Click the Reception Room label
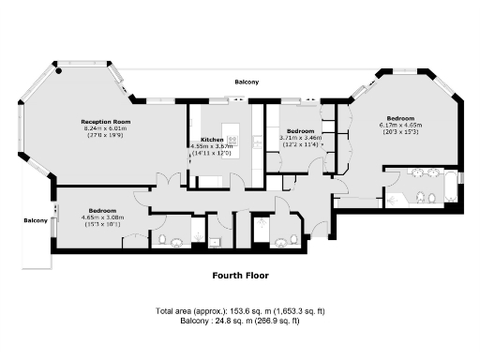coord(105,122)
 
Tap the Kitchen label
coord(212,139)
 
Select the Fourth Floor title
coord(239,276)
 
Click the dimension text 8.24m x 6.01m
coord(105,128)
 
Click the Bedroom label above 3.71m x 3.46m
coord(300,130)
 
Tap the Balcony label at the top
coord(247,82)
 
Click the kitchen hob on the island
coord(232,142)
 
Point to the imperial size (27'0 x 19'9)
coord(105,135)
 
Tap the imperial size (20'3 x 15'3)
coord(400,131)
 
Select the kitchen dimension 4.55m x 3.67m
coord(211,146)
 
